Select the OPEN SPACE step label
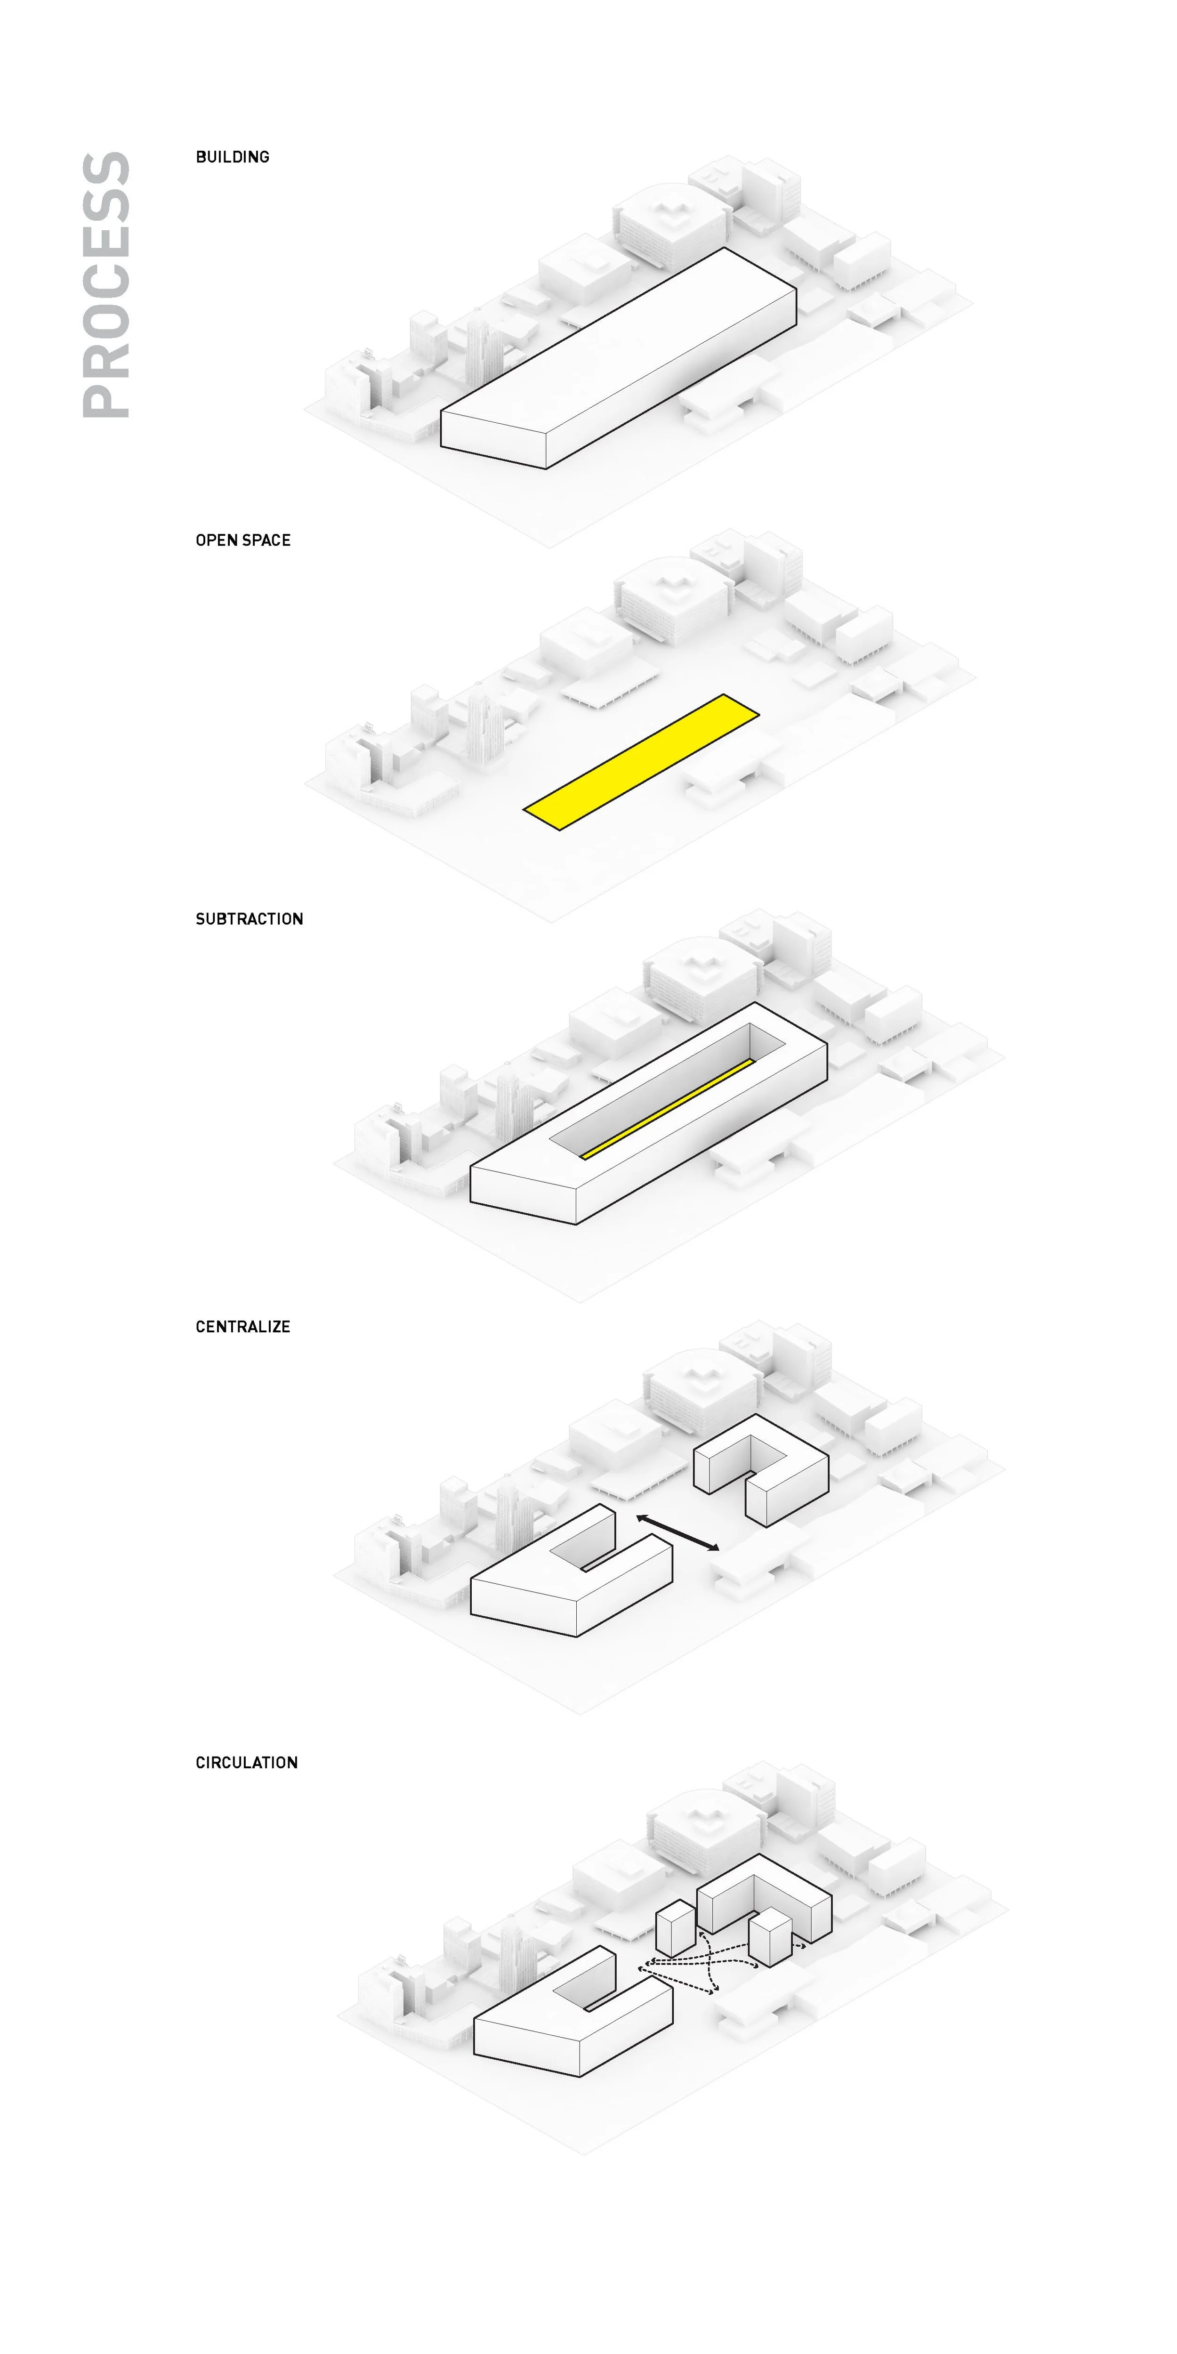click(x=243, y=540)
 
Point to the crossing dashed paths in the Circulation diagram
click(x=704, y=1965)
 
